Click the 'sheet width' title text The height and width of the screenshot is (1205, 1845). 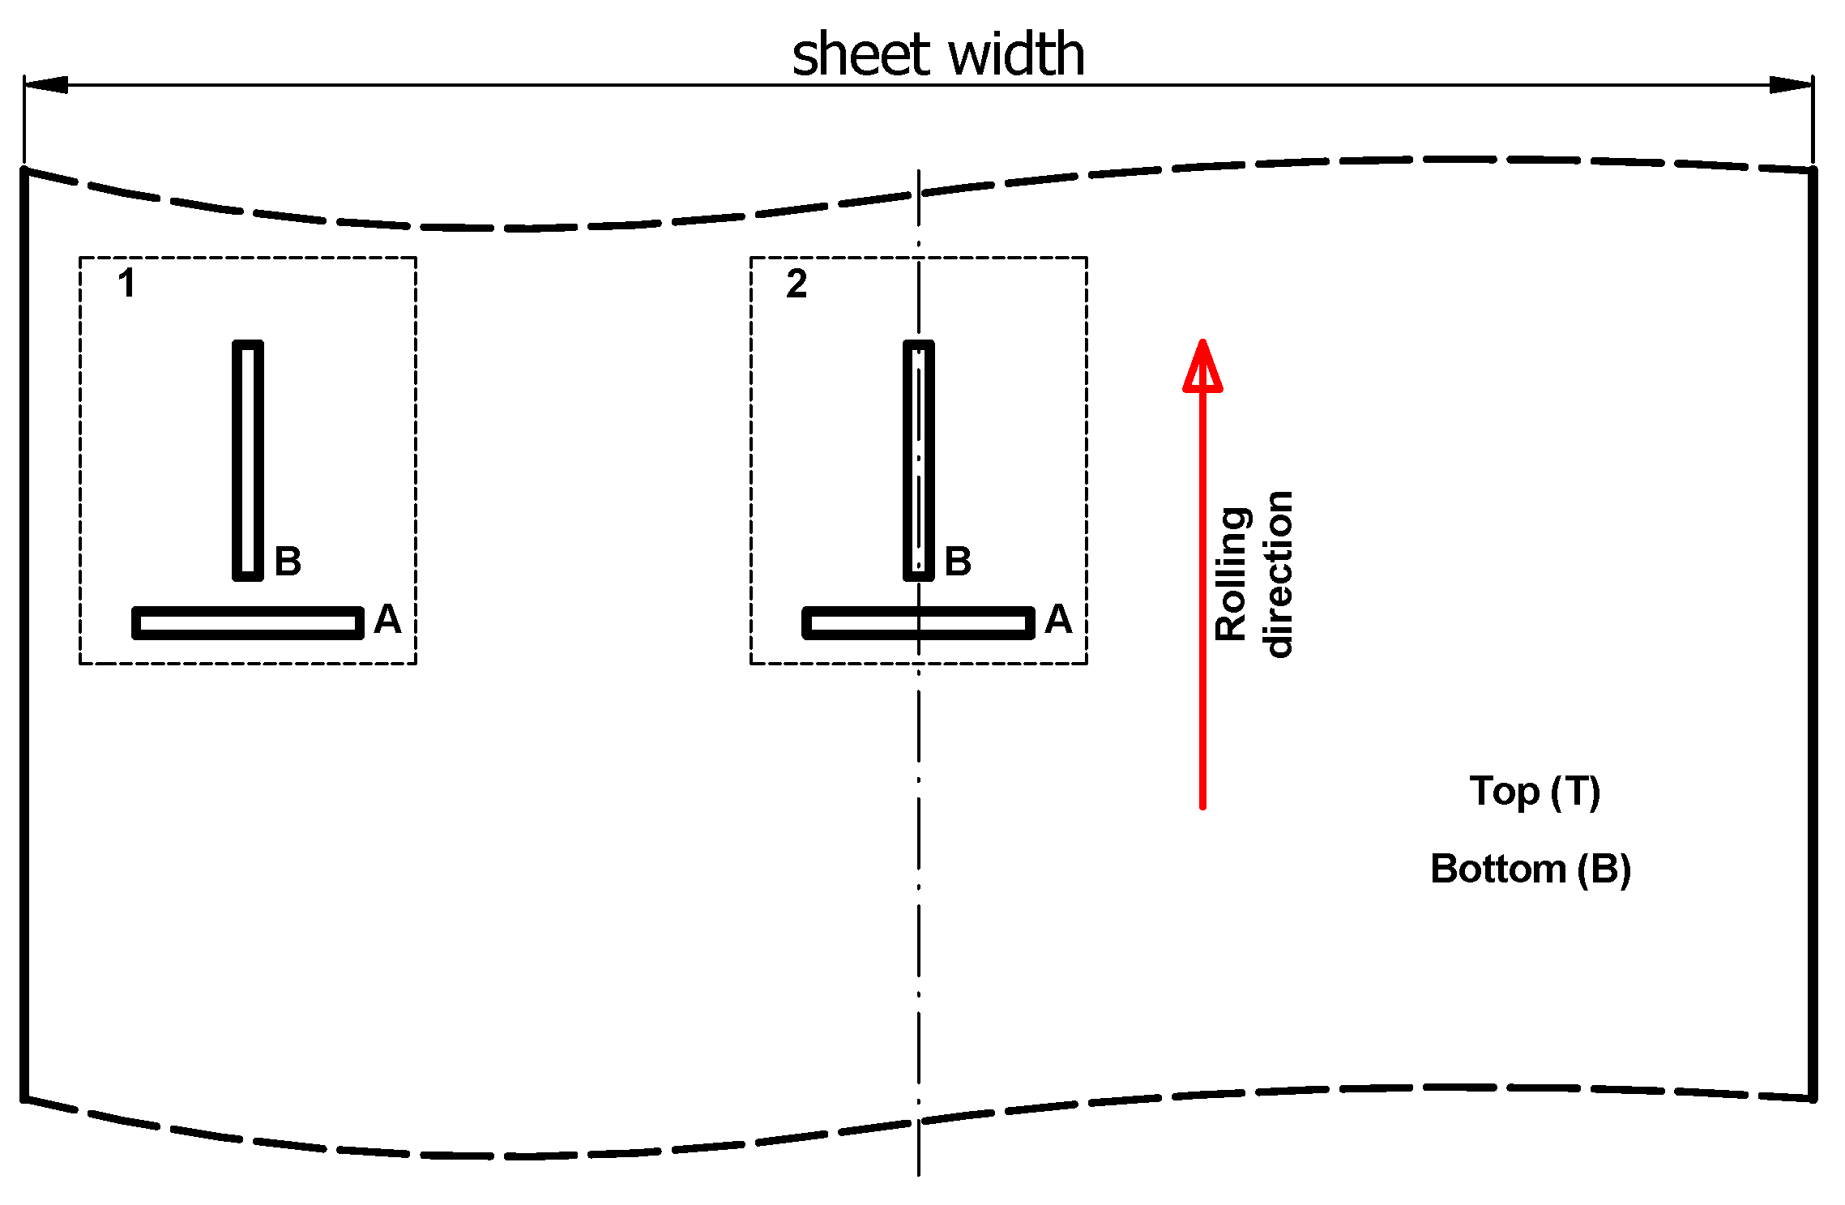tap(937, 55)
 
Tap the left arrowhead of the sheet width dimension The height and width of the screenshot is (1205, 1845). tap(47, 85)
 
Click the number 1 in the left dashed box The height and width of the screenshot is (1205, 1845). tap(126, 284)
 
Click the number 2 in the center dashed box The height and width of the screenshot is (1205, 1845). tap(797, 284)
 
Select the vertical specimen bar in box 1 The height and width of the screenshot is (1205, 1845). tap(248, 460)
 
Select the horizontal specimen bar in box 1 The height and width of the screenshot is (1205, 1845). tap(248, 622)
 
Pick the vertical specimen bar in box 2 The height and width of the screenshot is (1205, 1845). tap(919, 460)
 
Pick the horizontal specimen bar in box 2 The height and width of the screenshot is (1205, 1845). tap(919, 622)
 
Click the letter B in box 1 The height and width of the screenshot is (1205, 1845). tap(288, 561)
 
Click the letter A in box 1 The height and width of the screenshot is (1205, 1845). tap(387, 620)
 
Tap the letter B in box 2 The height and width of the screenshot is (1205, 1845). tap(958, 561)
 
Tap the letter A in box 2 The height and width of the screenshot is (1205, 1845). tap(1058, 620)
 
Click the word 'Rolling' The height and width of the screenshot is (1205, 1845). tap(1232, 574)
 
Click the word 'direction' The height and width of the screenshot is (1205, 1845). tap(1278, 574)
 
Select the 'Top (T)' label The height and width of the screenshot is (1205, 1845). tap(1535, 791)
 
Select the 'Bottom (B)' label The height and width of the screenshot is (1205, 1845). tap(1530, 870)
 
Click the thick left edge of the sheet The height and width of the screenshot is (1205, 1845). tap(24, 632)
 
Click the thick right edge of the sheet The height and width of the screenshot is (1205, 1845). tap(1813, 632)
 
